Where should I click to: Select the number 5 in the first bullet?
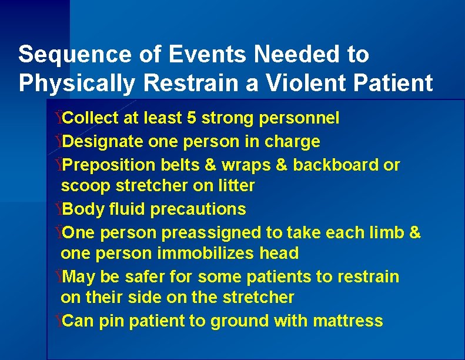tap(191, 118)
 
